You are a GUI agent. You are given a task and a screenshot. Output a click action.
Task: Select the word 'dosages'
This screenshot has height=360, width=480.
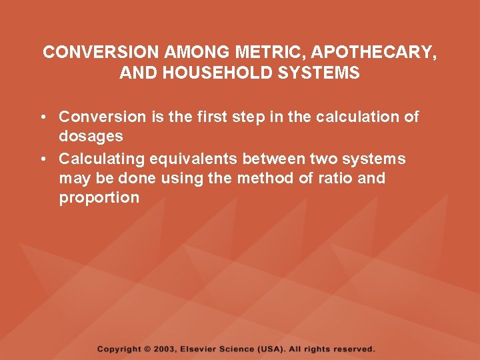pyautogui.click(x=91, y=137)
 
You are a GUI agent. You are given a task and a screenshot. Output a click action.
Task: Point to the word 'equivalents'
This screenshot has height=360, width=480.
pyautogui.click(x=194, y=159)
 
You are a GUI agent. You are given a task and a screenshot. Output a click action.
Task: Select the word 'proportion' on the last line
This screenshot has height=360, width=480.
pyautogui.click(x=99, y=198)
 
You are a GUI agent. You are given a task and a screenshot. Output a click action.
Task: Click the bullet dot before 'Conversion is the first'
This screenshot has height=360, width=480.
pyautogui.click(x=42, y=117)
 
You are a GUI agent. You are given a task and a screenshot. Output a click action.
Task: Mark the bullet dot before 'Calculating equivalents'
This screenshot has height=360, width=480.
pyautogui.click(x=42, y=159)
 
